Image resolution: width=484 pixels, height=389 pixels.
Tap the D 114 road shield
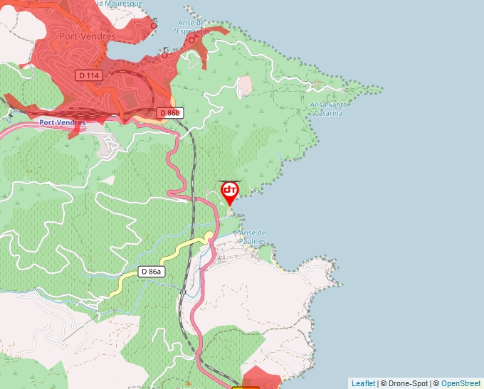pyautogui.click(x=89, y=75)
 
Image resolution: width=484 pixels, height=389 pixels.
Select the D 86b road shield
pyautogui.click(x=170, y=113)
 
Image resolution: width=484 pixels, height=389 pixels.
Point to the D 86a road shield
pyautogui.click(x=152, y=272)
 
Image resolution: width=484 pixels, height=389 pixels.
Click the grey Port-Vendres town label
pyautogui.click(x=88, y=36)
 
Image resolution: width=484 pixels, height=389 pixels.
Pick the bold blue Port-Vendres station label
pyautogui.click(x=63, y=122)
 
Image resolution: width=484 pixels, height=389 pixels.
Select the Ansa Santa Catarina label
pyautogui.click(x=327, y=109)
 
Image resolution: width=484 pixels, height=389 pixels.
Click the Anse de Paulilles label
pyautogui.click(x=253, y=237)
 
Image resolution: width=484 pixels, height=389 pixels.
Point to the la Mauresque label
pyautogui.click(x=119, y=4)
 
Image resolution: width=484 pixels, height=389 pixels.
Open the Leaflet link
pyautogui.click(x=363, y=383)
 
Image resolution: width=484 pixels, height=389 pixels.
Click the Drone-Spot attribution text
pyautogui.click(x=406, y=383)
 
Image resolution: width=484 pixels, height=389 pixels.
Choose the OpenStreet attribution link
pyautogui.click(x=462, y=383)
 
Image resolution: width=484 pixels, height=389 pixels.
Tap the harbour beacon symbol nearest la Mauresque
pyautogui.click(x=154, y=26)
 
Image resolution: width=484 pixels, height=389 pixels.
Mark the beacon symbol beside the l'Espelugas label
pyautogui.click(x=191, y=39)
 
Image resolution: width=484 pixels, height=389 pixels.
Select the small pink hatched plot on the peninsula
pyautogui.click(x=245, y=86)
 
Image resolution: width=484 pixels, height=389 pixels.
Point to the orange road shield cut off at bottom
pyautogui.click(x=246, y=387)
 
